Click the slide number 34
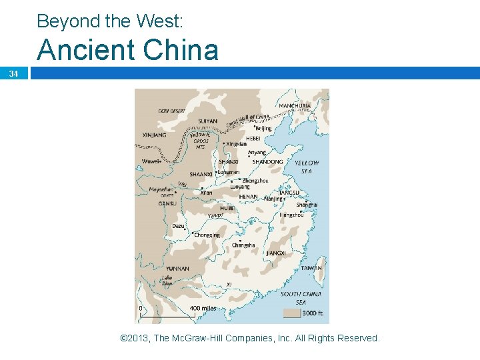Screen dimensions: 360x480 click(x=13, y=73)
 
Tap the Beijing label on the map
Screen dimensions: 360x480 click(x=263, y=128)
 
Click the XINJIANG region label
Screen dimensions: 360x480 click(x=154, y=135)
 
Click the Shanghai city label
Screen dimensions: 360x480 click(x=307, y=205)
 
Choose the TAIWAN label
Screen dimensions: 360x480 click(x=311, y=268)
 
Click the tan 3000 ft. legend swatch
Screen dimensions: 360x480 click(x=291, y=312)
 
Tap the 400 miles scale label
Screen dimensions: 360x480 click(x=203, y=308)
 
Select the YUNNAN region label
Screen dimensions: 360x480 click(x=177, y=269)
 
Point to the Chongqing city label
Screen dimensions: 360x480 click(x=207, y=235)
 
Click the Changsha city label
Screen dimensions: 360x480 click(x=243, y=245)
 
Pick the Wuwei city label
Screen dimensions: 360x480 click(x=151, y=161)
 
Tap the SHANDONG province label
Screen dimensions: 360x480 click(x=268, y=161)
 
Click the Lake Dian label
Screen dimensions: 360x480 click(x=167, y=280)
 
